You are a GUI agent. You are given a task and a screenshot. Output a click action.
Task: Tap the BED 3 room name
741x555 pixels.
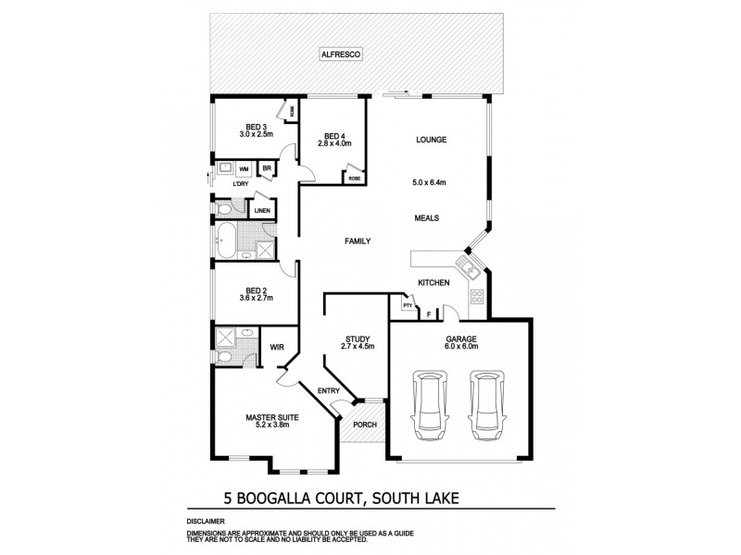[257, 127]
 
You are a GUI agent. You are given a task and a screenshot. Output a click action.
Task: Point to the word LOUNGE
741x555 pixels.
[432, 140]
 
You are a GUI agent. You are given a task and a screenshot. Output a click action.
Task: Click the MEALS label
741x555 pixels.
[426, 218]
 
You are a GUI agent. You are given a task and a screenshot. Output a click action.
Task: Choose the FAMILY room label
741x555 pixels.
[358, 241]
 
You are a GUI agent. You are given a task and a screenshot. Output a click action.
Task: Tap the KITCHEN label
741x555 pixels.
[433, 282]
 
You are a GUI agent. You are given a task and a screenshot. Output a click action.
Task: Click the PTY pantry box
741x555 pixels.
[407, 304]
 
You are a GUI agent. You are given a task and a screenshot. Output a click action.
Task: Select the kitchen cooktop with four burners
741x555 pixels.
[478, 298]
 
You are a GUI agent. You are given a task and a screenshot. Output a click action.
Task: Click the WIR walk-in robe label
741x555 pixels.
[276, 349]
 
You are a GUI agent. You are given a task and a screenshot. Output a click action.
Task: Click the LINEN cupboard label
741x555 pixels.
[261, 211]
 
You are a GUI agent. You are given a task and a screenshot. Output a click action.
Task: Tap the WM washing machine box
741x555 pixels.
[244, 169]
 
